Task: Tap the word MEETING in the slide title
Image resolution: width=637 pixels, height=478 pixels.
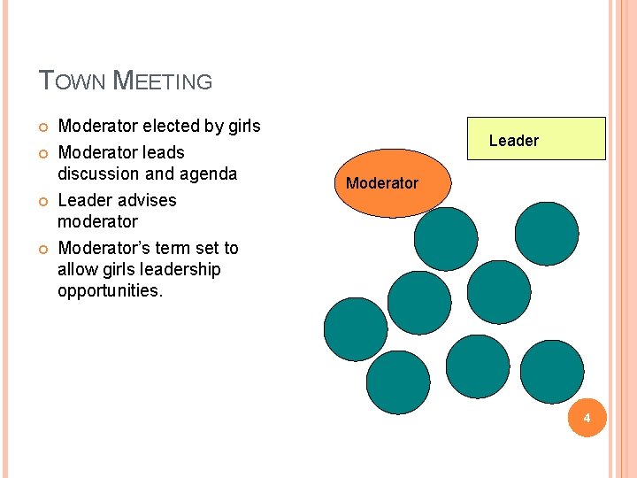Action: point(165,81)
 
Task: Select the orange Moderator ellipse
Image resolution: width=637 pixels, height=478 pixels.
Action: point(381,183)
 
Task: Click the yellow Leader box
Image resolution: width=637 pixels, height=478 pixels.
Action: point(537,139)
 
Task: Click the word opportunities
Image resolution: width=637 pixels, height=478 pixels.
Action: point(110,290)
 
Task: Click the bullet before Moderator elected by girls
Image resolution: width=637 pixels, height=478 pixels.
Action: point(43,127)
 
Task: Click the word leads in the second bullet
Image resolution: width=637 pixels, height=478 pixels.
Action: point(164,152)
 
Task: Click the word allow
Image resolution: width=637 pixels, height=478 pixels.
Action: point(77,269)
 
